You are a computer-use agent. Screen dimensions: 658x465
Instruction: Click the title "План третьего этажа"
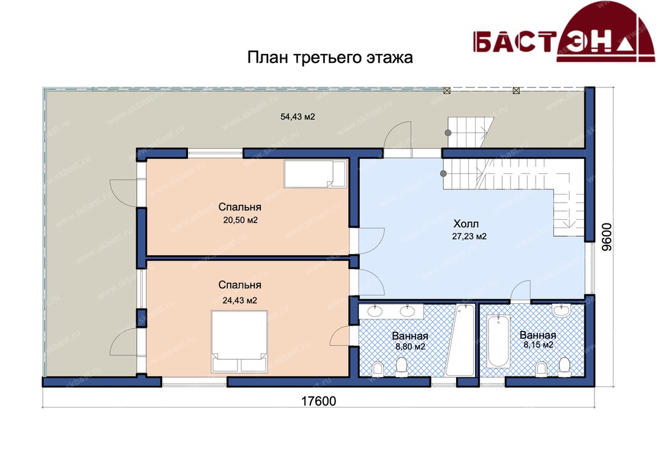point(330,58)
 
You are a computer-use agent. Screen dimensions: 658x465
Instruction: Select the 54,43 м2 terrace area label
point(297,117)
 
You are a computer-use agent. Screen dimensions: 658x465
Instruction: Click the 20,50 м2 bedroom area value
point(240,220)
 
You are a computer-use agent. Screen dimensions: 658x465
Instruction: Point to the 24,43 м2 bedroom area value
point(239,300)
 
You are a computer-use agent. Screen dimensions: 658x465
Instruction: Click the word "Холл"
point(466,223)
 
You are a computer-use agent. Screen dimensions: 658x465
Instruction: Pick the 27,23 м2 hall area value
point(469,237)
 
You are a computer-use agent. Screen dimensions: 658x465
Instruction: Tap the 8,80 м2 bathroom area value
point(411,347)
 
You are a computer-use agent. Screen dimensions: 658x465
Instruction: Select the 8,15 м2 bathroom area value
point(538,345)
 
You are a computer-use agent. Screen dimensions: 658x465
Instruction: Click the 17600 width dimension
point(318,401)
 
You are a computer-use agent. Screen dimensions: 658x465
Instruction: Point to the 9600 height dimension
point(607,237)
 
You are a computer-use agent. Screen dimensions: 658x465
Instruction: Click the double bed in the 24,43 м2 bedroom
point(239,341)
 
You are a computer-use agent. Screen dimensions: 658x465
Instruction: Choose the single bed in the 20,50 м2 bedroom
point(316,174)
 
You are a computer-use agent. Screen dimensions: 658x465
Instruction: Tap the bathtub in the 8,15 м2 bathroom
point(499,342)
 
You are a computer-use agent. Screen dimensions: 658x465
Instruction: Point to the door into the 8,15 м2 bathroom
point(520,291)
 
